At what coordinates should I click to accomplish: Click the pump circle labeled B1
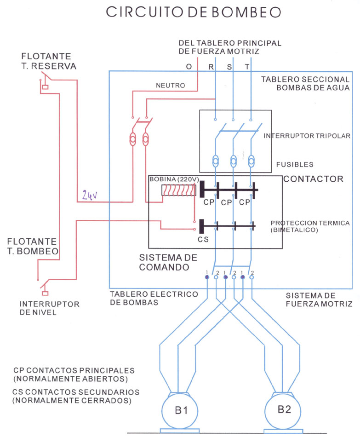(180, 410)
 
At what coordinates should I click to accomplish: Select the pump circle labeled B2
(283, 410)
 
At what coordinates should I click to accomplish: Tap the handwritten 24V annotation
(90, 195)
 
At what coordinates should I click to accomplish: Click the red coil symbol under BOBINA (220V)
(179, 190)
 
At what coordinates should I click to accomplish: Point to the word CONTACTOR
(313, 179)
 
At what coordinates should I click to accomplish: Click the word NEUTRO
(171, 85)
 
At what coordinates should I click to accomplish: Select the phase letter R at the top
(211, 67)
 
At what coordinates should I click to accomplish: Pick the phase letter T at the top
(247, 67)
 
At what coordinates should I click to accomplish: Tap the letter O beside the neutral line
(189, 67)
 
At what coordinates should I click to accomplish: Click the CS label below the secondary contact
(203, 240)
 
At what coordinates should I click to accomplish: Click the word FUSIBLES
(295, 164)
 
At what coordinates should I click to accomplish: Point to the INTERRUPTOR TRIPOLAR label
(307, 136)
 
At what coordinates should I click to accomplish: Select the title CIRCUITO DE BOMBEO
(194, 12)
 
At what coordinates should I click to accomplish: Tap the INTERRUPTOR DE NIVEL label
(49, 308)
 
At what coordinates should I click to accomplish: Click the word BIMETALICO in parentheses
(294, 230)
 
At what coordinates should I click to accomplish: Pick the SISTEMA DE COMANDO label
(168, 262)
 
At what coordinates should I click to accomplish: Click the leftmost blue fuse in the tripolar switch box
(216, 161)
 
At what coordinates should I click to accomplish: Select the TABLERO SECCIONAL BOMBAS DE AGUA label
(305, 84)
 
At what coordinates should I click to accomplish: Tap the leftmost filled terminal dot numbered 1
(207, 277)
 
